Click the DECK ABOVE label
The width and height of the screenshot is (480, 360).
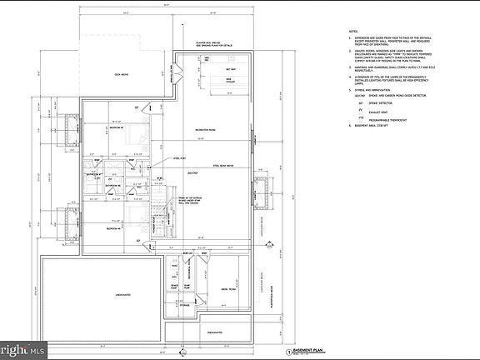point(123,75)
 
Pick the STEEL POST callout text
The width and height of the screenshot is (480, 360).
point(179,157)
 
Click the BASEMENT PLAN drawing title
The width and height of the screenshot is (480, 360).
point(312,352)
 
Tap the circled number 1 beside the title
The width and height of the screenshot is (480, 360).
point(287,353)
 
